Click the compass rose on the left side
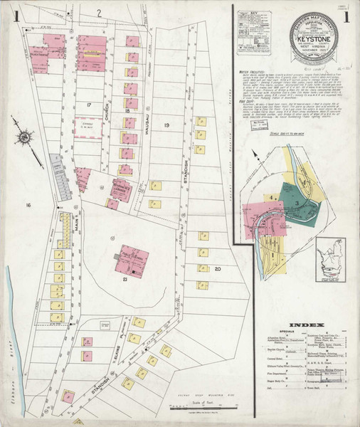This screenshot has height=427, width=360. coord(26,136)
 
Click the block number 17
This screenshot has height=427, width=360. coord(89,105)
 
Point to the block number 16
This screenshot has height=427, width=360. coord(28,205)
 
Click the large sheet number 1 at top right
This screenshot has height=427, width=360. coord(346,16)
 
